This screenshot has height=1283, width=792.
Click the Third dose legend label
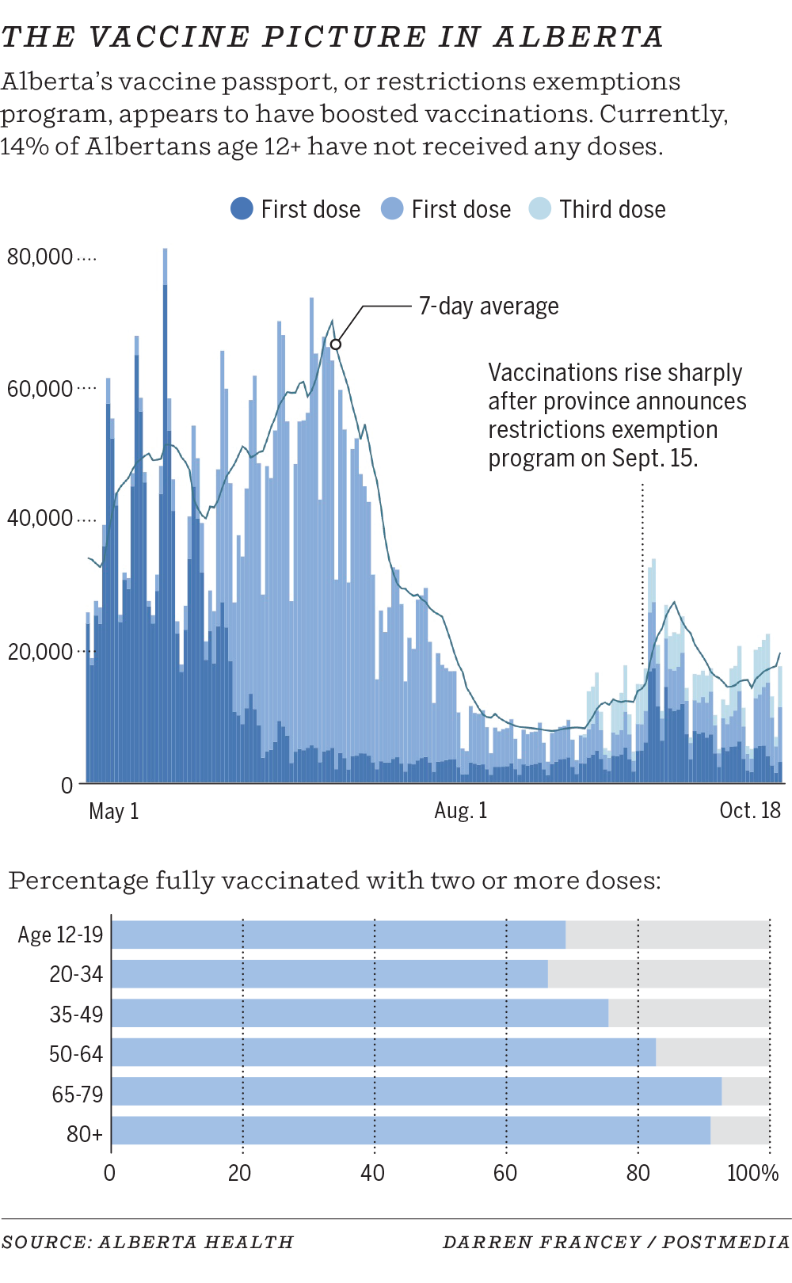click(x=612, y=209)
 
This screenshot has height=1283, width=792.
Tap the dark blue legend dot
click(x=242, y=209)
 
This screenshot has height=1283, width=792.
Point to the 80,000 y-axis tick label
click(x=40, y=257)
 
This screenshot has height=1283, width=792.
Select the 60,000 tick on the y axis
click(x=40, y=389)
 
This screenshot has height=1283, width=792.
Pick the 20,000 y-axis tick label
click(x=40, y=652)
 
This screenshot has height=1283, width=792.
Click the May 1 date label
click(x=113, y=811)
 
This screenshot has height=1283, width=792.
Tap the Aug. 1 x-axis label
click(x=461, y=811)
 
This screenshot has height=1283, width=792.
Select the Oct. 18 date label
click(x=749, y=811)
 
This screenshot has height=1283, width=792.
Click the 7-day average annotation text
click(x=489, y=306)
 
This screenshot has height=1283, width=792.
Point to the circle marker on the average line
click(x=336, y=345)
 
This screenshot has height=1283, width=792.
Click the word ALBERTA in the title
click(x=578, y=37)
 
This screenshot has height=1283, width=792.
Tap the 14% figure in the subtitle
click(x=24, y=147)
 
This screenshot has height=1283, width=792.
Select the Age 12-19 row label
click(x=61, y=935)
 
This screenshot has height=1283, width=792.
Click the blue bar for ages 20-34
click(x=329, y=974)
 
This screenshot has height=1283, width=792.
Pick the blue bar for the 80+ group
click(x=410, y=1131)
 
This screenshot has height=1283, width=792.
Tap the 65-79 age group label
click(x=78, y=1095)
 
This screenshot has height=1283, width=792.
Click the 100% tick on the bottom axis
click(x=752, y=1173)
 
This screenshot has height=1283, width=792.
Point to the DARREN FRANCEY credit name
click(x=541, y=1243)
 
